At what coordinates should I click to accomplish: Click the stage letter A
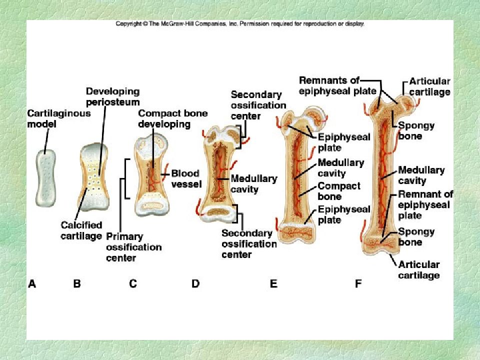tap(32, 284)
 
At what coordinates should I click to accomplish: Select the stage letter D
tap(195, 284)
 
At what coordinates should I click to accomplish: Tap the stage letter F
tap(358, 284)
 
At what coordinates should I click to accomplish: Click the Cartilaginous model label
tap(59, 118)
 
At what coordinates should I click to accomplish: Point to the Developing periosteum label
tap(112, 96)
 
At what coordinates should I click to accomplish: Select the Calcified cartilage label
tap(81, 230)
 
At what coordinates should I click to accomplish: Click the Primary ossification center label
tap(133, 247)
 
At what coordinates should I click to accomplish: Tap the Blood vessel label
tap(186, 178)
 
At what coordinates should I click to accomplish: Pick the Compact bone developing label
tap(172, 118)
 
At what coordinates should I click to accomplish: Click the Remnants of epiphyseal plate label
tap(337, 85)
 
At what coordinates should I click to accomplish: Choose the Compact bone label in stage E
tap(339, 191)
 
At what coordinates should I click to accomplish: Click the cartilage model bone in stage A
tap(46, 178)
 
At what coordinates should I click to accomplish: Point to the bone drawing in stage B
tap(93, 177)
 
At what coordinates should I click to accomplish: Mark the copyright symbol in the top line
tap(145, 23)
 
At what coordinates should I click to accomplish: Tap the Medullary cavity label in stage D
tap(254, 183)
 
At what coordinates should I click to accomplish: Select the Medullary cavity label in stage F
tap(421, 175)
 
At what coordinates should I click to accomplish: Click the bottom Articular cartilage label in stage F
tap(419, 269)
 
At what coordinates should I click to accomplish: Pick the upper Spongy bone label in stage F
tap(416, 130)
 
